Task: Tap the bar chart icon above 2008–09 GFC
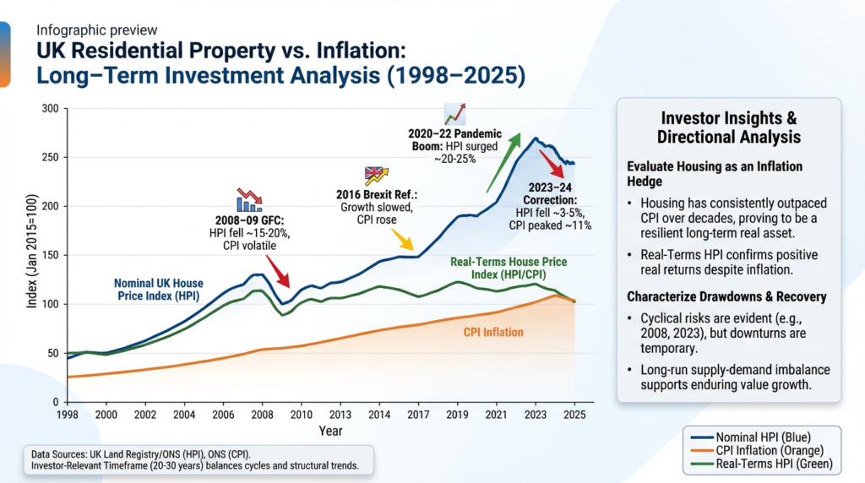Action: click(x=249, y=199)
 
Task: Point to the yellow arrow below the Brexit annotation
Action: click(x=404, y=243)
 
